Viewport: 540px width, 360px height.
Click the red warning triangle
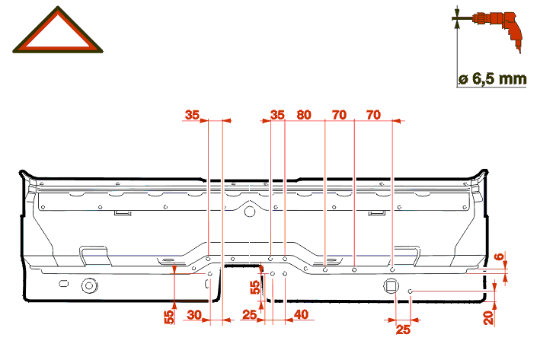click(x=57, y=33)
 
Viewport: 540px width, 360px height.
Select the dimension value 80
click(x=304, y=115)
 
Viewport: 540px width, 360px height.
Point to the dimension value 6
click(x=500, y=257)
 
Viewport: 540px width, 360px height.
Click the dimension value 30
click(x=195, y=314)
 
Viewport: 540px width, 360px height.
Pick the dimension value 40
click(x=301, y=314)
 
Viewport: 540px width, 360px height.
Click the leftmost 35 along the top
click(x=193, y=115)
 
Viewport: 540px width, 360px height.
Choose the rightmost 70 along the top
click(x=373, y=115)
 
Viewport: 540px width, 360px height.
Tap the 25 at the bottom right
click(x=404, y=330)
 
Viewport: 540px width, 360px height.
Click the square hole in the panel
click(x=391, y=285)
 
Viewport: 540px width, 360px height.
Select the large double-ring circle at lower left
click(x=90, y=285)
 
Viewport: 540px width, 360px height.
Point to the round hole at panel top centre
click(x=249, y=212)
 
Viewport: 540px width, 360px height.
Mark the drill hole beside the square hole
click(x=411, y=292)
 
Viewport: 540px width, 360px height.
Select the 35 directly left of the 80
click(x=277, y=115)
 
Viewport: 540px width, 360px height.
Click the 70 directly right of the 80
click(x=339, y=115)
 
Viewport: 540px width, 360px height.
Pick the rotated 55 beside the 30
click(x=170, y=315)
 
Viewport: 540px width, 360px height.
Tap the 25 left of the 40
click(x=250, y=314)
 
